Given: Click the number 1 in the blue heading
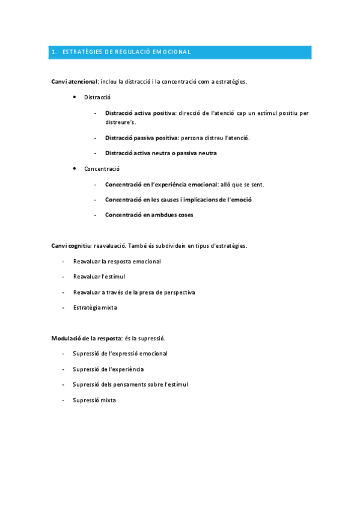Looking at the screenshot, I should pyautogui.click(x=53, y=52).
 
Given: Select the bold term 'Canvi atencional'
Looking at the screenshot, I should pyautogui.click(x=75, y=81).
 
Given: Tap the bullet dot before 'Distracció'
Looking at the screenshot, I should pyautogui.click(x=74, y=97).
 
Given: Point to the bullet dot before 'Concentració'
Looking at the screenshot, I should pyautogui.click(x=74, y=169).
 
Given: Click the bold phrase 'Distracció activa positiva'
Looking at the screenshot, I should pyautogui.click(x=140, y=112).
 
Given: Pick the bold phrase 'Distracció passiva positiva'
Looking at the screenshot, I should pyautogui.click(x=141, y=138).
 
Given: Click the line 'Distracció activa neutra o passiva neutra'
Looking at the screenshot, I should pyautogui.click(x=160, y=153).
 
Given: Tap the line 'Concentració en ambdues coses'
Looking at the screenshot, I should pyautogui.click(x=149, y=215).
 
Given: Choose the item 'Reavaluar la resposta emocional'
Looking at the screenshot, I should pyautogui.click(x=117, y=262).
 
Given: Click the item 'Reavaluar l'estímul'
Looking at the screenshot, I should pyautogui.click(x=99, y=277).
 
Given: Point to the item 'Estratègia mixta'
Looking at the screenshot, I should pyautogui.click(x=95, y=308).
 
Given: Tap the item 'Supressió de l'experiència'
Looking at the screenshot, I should pyautogui.click(x=108, y=369).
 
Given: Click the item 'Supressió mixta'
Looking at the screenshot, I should pyautogui.click(x=94, y=400).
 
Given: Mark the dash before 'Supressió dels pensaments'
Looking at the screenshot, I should pyautogui.click(x=63, y=384).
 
